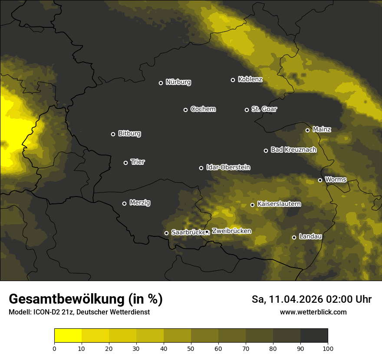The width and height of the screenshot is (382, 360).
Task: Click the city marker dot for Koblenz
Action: click(x=233, y=80)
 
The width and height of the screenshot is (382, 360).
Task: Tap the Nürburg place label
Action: click(x=178, y=82)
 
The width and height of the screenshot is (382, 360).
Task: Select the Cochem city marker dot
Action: click(x=185, y=110)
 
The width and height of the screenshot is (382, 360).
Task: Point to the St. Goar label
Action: click(x=264, y=109)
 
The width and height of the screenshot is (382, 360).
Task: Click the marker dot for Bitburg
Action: click(x=113, y=134)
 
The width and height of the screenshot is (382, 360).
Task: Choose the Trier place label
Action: click(x=138, y=162)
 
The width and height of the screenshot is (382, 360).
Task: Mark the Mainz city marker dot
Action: click(x=307, y=130)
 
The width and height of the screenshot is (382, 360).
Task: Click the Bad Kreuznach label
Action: click(x=293, y=150)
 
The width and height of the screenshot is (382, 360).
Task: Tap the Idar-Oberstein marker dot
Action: click(x=201, y=168)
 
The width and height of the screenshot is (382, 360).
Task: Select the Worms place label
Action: click(x=336, y=179)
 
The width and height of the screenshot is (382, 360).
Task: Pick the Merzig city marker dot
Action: click(x=124, y=203)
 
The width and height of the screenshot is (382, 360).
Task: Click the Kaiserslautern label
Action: click(x=279, y=204)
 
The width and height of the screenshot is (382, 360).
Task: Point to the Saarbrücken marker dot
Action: click(x=166, y=233)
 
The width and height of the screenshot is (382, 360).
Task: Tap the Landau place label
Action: click(x=310, y=236)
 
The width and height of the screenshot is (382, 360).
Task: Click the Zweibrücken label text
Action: click(x=231, y=231)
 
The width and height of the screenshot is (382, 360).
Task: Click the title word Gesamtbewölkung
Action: click(x=67, y=299)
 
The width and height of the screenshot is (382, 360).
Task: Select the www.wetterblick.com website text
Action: click(x=313, y=312)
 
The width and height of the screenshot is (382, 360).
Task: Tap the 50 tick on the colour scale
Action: click(x=191, y=348)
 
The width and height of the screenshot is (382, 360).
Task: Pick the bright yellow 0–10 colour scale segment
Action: click(x=68, y=335)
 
